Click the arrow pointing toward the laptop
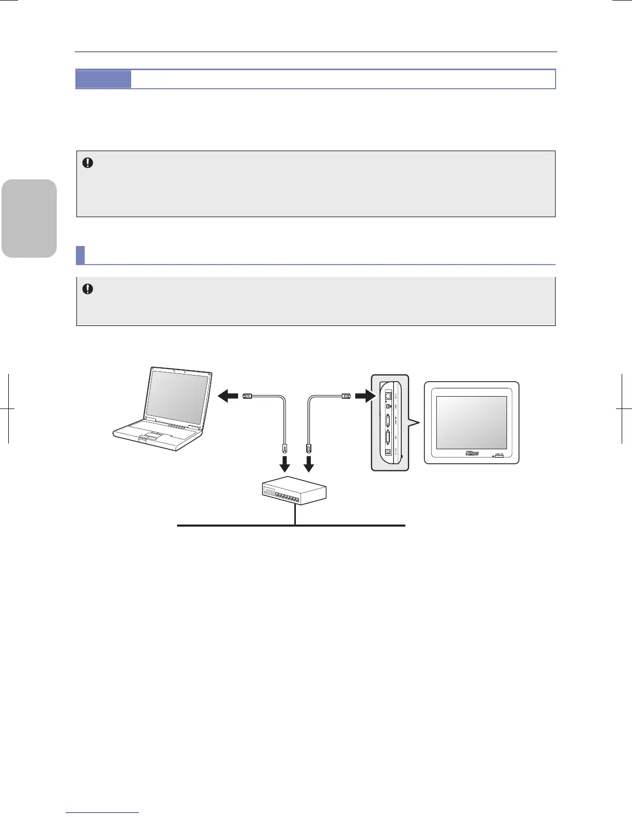coord(229,396)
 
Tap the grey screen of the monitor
coord(471,422)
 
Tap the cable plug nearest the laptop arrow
coord(247,396)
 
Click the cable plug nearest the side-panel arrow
coord(345,396)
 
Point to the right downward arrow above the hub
coord(309,465)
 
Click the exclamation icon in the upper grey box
coord(88,163)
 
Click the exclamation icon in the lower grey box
coord(88,289)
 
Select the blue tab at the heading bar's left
coord(103,79)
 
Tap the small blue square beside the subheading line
coord(80,255)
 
